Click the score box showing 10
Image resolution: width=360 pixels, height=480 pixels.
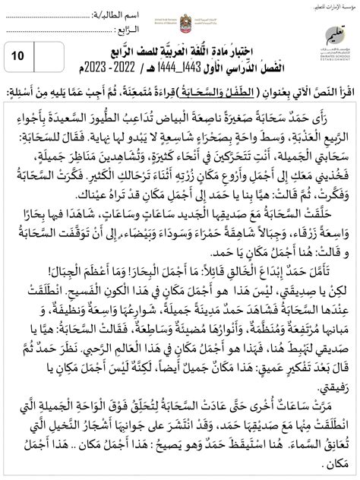coord(20,55)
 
